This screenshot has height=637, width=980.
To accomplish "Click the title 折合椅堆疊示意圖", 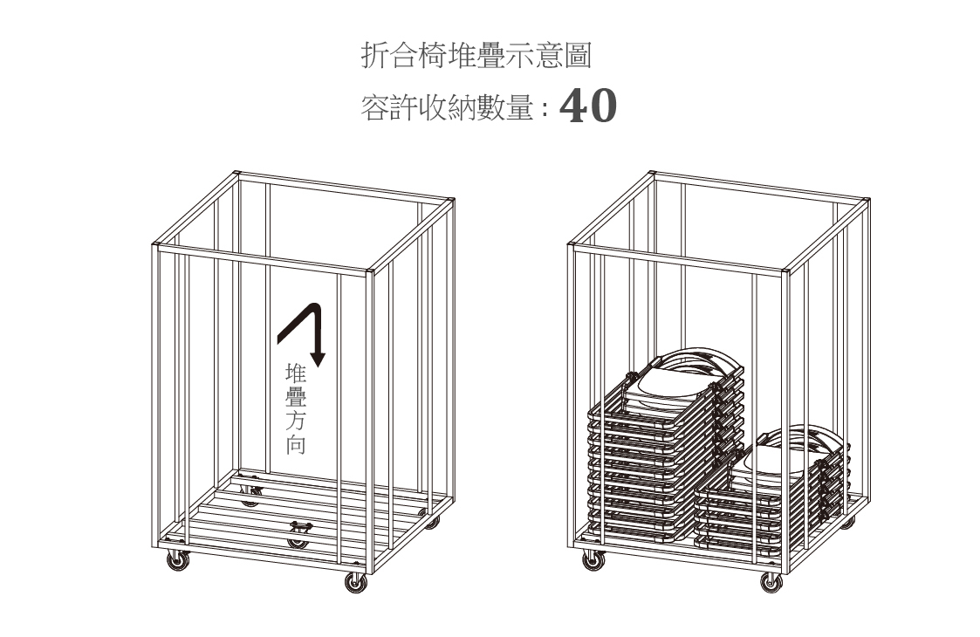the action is (476, 57).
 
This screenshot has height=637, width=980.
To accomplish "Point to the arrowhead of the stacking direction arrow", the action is (318, 357).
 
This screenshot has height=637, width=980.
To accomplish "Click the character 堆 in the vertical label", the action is (297, 373).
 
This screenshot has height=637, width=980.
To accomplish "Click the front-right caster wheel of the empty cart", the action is (356, 582).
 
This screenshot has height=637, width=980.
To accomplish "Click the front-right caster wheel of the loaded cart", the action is (771, 582).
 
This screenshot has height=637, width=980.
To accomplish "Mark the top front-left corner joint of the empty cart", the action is (157, 247).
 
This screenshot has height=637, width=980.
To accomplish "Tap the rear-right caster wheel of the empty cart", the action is (432, 522).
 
